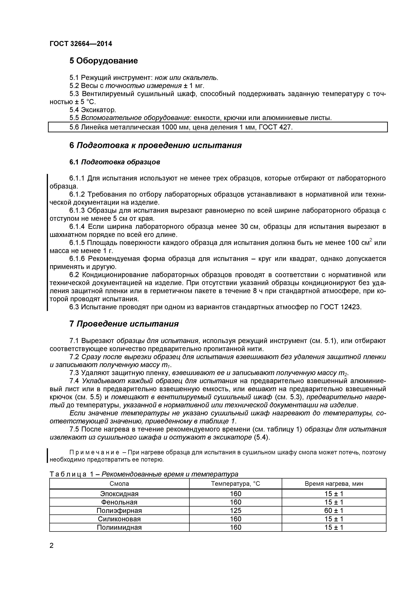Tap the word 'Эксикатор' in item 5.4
98,110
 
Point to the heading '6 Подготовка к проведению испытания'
155,145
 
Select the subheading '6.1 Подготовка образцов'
115,162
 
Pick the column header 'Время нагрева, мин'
334,484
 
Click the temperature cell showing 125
235,510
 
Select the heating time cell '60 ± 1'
334,510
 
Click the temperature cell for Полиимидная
235,527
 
